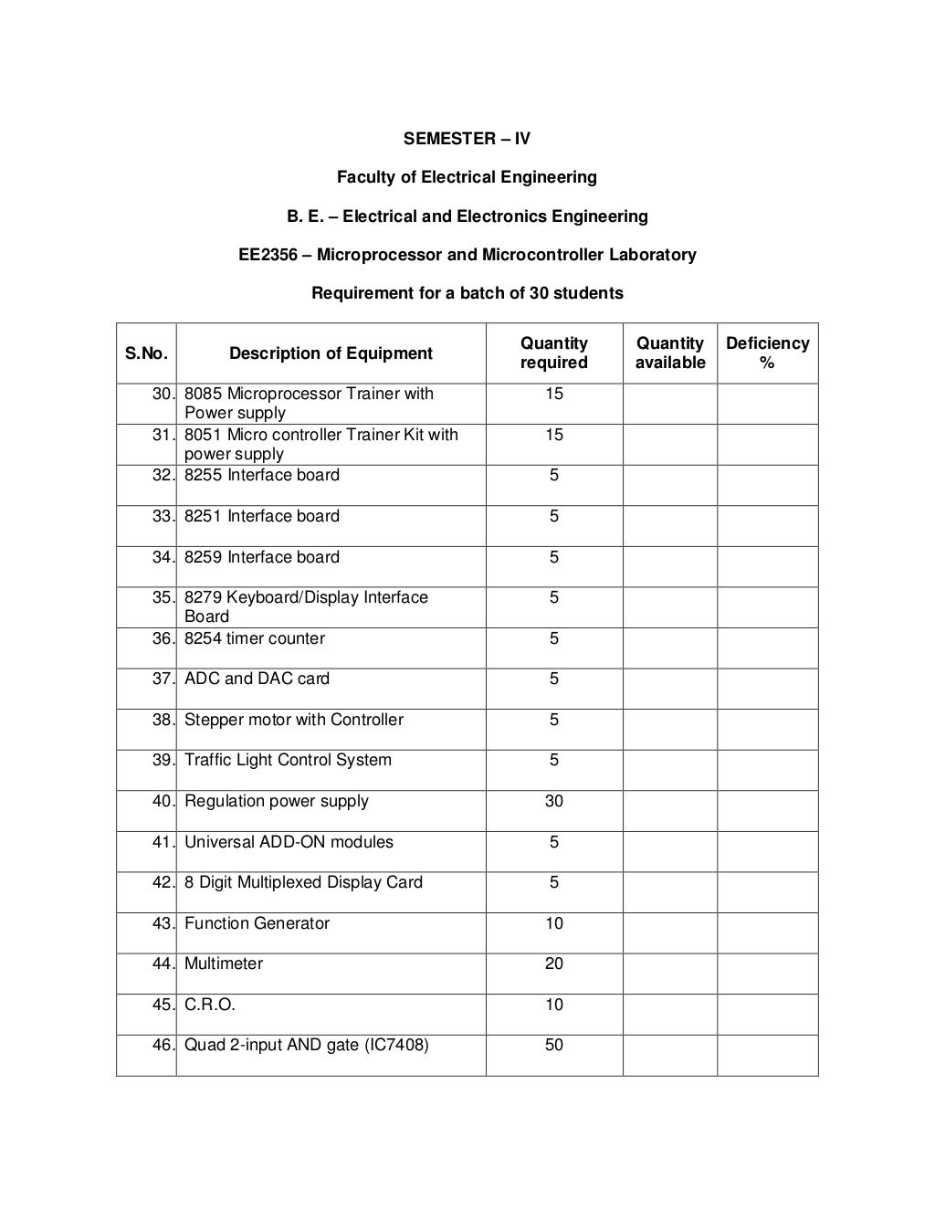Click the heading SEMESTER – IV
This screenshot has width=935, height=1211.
[467, 139]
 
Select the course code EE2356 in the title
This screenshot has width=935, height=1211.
[268, 255]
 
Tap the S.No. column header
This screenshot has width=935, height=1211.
[146, 353]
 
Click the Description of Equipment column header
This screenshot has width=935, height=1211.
[331, 353]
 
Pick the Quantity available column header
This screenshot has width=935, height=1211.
[670, 353]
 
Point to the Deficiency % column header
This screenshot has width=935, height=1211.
[767, 353]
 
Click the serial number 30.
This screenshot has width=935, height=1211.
[162, 394]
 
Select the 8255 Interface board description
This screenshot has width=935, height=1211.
[262, 475]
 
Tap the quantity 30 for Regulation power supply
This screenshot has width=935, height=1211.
[553, 801]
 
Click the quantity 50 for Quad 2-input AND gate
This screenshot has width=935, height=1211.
[553, 1045]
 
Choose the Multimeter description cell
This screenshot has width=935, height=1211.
[224, 964]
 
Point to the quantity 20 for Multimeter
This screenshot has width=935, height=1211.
[553, 964]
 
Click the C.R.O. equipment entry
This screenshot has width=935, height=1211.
[210, 1005]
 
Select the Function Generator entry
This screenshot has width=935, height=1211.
[257, 923]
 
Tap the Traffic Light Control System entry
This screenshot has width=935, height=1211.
[288, 760]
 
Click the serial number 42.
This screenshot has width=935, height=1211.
[162, 882]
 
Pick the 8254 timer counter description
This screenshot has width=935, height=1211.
[255, 638]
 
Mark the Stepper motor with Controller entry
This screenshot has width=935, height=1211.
[293, 720]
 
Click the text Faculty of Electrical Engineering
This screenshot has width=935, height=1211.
[467, 177]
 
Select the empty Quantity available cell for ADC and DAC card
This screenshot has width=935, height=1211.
[670, 689]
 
